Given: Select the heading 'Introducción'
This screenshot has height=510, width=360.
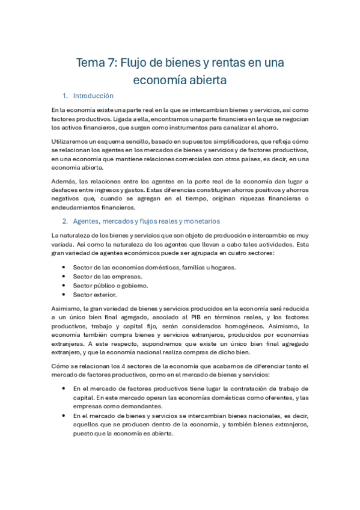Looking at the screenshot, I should (x=93, y=96).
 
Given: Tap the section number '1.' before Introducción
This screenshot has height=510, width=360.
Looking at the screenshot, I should (x=66, y=96).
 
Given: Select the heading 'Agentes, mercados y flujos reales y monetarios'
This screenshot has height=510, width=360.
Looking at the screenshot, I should (x=147, y=221).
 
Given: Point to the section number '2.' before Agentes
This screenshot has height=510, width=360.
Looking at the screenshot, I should (x=66, y=221).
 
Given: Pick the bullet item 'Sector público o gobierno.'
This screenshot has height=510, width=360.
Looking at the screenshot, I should (x=110, y=286).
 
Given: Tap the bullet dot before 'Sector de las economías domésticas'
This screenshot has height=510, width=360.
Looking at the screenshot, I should (x=63, y=267).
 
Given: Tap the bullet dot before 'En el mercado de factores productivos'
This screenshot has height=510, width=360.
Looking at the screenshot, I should (x=63, y=389).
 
